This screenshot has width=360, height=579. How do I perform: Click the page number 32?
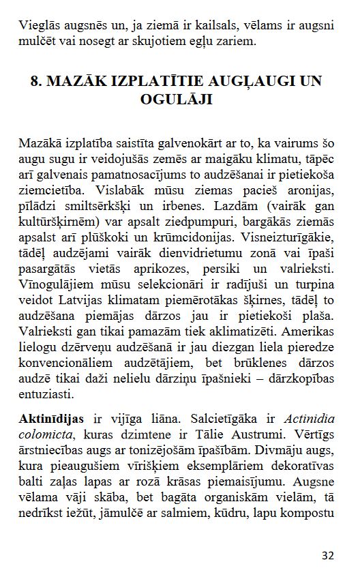pos(327,556)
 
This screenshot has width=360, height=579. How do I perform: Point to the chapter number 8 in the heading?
pos(35,82)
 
